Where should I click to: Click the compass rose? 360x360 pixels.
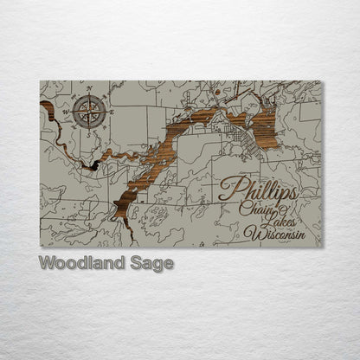click(87, 110)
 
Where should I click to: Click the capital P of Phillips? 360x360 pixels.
click(228, 188)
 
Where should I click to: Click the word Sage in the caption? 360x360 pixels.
click(151, 262)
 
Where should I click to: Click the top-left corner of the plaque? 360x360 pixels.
click(41, 81)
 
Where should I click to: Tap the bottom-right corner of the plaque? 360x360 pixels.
click(321, 247)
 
